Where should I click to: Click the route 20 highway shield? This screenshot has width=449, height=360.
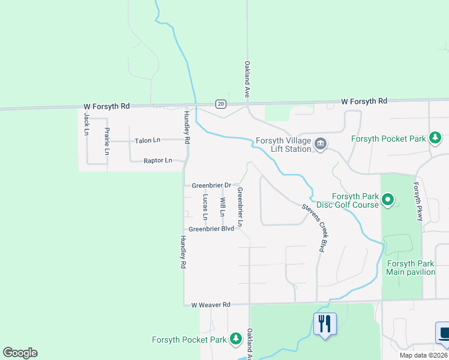pos(221,104)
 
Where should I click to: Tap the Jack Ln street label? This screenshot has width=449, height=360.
pos(87,123)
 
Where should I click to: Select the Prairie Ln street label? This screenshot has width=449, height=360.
pos(107,141)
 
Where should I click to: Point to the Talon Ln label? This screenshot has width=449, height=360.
pos(148,140)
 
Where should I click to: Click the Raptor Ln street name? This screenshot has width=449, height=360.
pos(158,161)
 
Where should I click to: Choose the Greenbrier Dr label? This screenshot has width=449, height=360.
pos(211,185)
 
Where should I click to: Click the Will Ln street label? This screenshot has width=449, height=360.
pos(222,207)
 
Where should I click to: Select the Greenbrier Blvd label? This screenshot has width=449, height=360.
pos(211,229)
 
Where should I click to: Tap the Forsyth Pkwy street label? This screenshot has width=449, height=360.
pos(418,201)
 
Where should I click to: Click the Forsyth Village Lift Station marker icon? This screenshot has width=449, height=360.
pos(321,144)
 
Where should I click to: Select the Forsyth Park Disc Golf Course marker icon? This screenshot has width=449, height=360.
pos(388,200)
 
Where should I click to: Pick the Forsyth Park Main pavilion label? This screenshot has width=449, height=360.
pos(411,268)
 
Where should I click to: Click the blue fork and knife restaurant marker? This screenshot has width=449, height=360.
pos(325,324)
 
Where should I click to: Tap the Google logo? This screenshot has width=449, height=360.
pos(20,352)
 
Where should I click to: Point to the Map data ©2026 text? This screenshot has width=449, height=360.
pos(423,355)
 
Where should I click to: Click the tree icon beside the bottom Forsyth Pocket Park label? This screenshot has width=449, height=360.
pos(236,339)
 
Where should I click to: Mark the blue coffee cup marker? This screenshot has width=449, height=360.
pos(444,333)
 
